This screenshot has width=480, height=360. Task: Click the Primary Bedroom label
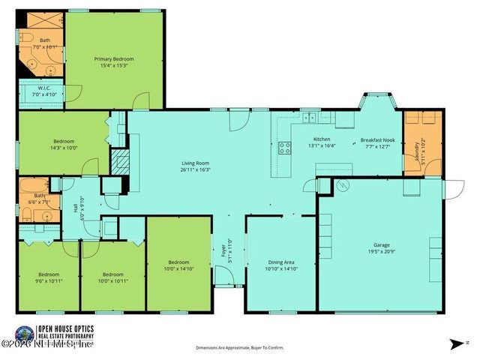point(114,58)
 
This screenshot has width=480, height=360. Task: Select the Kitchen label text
point(322,140)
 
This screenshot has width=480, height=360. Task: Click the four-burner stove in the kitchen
point(285,148)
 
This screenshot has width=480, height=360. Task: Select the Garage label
point(382,244)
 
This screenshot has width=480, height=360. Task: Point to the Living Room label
point(195,163)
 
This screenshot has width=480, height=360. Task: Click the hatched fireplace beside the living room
point(118,161)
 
